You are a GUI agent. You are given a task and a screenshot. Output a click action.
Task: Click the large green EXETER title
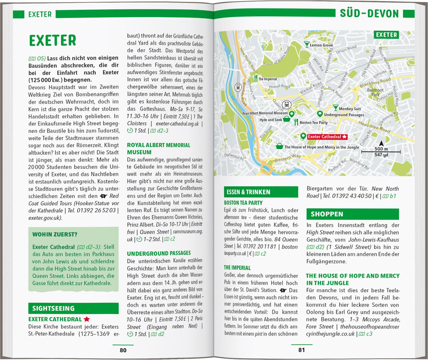(x=53, y=41)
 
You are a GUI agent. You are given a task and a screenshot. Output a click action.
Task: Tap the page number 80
(x=123, y=350)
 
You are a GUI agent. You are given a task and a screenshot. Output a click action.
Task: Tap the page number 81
(x=302, y=350)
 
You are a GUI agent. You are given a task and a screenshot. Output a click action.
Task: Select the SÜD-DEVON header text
(x=369, y=14)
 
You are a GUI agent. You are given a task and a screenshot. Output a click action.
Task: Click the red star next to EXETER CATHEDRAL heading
(x=87, y=319)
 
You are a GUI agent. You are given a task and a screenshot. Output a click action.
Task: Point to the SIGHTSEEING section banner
(x=73, y=308)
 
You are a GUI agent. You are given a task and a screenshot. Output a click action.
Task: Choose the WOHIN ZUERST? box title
(x=55, y=234)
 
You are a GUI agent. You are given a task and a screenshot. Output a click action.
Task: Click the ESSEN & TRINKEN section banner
(x=261, y=192)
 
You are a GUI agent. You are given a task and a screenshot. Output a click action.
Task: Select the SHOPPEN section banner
(x=352, y=214)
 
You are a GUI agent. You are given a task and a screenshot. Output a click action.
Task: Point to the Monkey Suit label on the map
(x=350, y=109)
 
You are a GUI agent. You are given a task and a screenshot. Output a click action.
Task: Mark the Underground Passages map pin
(x=320, y=114)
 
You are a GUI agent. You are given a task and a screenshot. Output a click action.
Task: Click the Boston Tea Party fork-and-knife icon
(x=296, y=122)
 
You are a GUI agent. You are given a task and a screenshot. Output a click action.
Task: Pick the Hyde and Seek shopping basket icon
(x=287, y=120)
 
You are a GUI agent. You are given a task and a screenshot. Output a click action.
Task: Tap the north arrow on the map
(x=381, y=143)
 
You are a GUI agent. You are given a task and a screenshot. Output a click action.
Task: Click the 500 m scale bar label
(x=381, y=149)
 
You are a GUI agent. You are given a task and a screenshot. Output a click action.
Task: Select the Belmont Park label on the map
(x=375, y=92)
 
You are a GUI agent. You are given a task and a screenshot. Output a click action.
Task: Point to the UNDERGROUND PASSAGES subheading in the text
(x=159, y=253)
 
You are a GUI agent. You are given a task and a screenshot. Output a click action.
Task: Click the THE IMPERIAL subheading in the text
(x=237, y=268)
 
